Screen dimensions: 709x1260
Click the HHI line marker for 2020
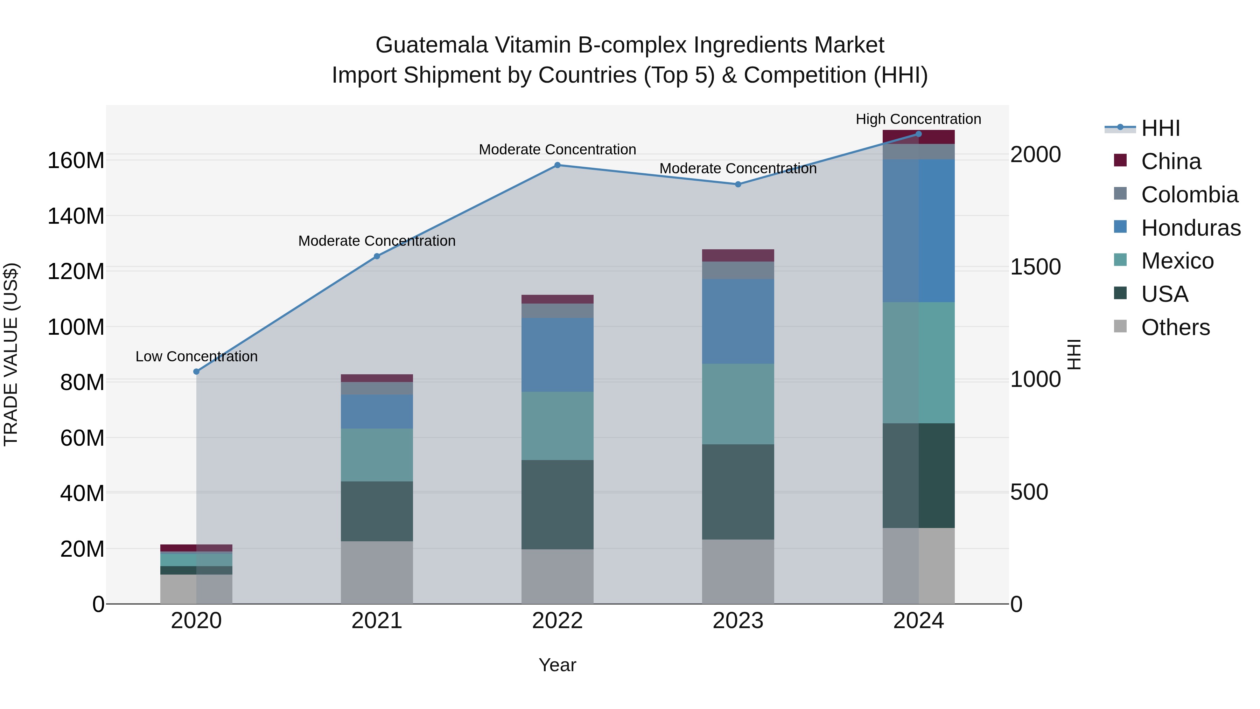(196, 371)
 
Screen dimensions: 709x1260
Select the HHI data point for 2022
(557, 165)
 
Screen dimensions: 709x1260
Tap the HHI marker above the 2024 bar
(918, 134)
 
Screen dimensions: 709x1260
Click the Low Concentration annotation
(196, 356)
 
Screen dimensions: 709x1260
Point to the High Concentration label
(918, 119)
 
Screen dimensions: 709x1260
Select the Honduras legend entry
(1191, 228)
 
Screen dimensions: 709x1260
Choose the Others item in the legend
(1175, 327)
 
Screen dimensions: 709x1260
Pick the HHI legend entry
(1160, 128)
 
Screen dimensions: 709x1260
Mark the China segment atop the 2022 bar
(557, 299)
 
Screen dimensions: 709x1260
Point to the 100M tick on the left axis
(76, 327)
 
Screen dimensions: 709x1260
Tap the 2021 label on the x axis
(377, 621)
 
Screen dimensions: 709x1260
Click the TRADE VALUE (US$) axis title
(11, 354)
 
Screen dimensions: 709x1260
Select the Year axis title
(557, 665)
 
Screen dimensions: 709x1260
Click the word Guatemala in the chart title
(432, 45)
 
